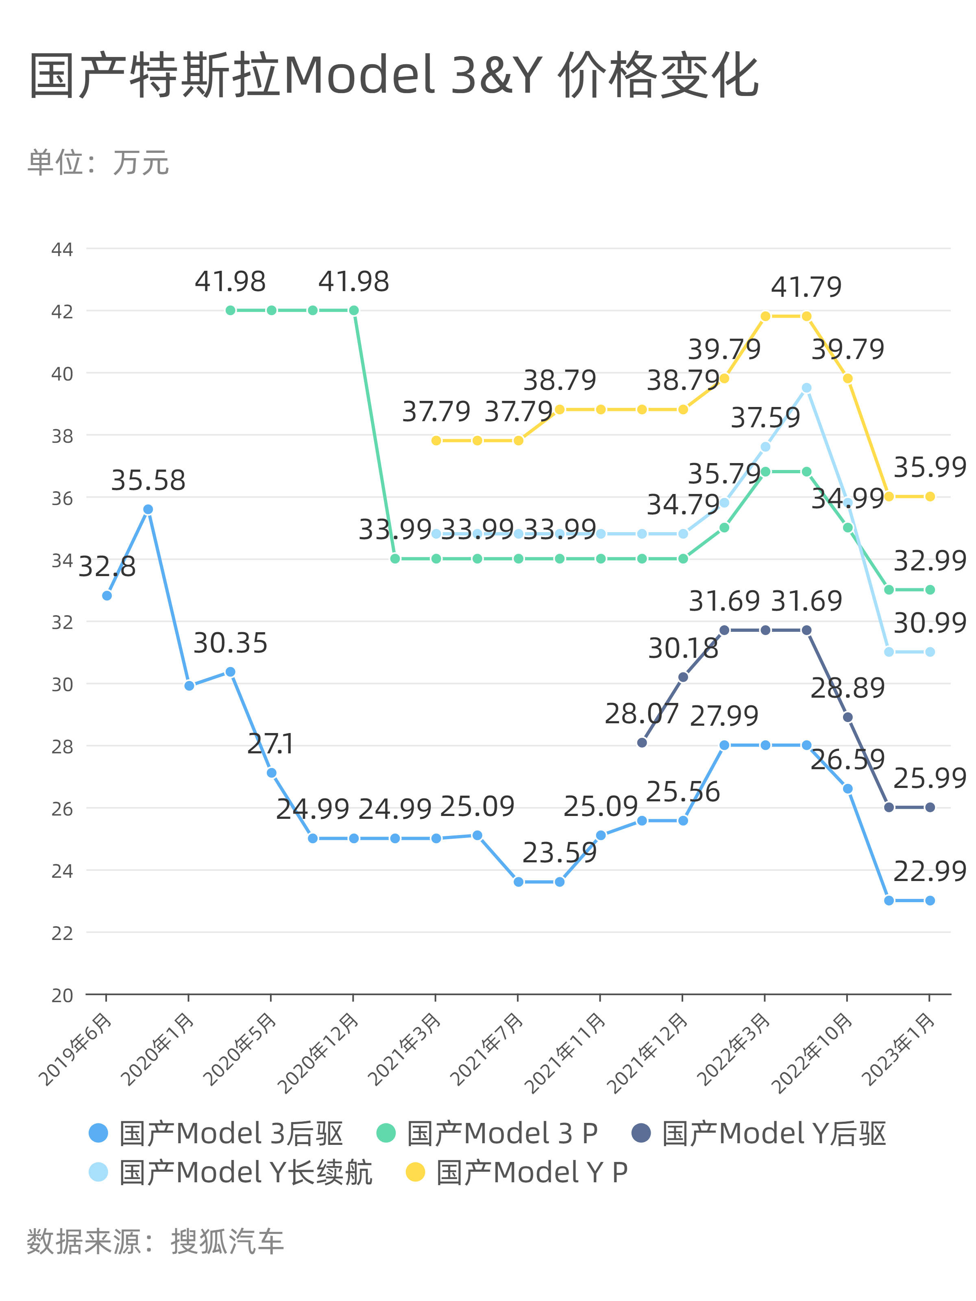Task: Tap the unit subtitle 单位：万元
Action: [x=98, y=162]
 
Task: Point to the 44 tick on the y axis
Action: [x=62, y=249]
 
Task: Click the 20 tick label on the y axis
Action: [x=62, y=996]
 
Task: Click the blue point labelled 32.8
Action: [x=107, y=596]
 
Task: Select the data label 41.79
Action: [x=806, y=287]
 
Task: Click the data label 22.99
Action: [x=930, y=871]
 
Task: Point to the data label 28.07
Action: [x=641, y=714]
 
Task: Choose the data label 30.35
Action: [x=230, y=643]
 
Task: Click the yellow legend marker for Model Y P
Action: [x=415, y=1172]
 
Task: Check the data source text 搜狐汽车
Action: [x=227, y=1242]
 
